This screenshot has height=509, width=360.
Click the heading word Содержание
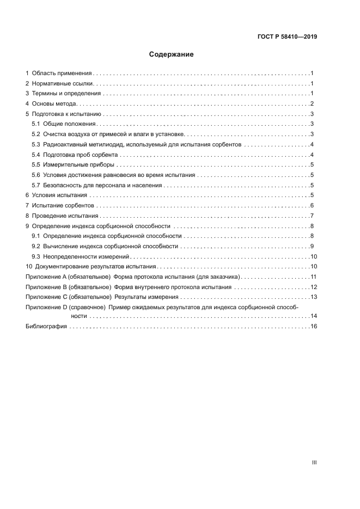(172, 54)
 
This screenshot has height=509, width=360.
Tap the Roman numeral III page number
(314, 462)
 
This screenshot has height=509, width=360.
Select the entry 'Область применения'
(62, 73)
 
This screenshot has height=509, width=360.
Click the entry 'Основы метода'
(56, 103)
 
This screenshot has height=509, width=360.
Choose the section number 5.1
(36, 124)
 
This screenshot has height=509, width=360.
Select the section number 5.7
(36, 185)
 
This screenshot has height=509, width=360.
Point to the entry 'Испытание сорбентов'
(64, 205)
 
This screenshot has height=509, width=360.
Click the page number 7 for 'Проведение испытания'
(312, 216)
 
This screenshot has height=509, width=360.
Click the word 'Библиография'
(46, 327)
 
